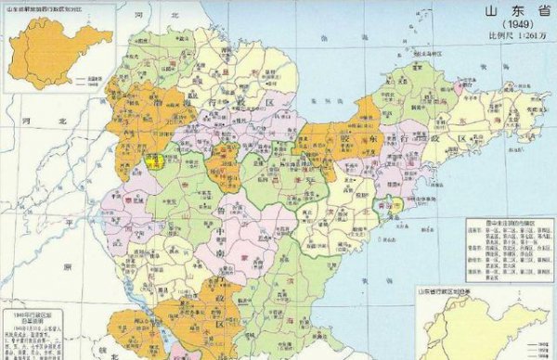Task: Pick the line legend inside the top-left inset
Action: pos(90,82)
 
